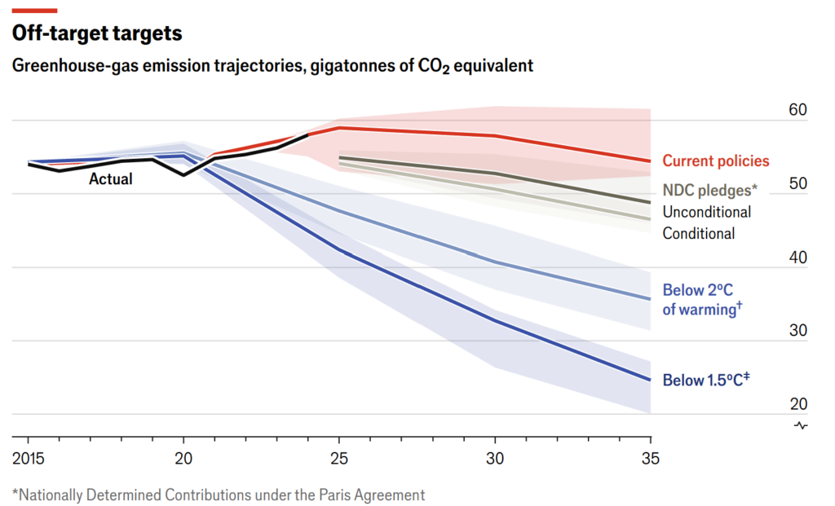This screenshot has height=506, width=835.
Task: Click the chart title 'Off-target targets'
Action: (x=96, y=34)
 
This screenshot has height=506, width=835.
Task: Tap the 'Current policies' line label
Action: (x=715, y=161)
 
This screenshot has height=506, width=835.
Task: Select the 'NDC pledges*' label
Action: (x=709, y=190)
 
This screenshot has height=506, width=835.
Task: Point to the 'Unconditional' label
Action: (x=706, y=212)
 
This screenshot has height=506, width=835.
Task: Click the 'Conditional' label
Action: (x=698, y=234)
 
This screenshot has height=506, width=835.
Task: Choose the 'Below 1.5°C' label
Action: (x=706, y=381)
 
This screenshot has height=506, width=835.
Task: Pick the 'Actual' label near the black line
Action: (x=111, y=179)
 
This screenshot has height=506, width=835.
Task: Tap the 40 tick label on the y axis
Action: (x=798, y=258)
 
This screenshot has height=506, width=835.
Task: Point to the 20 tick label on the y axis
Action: (x=798, y=405)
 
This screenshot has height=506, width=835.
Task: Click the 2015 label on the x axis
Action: (x=29, y=459)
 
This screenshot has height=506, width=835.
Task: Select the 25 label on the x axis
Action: (x=338, y=459)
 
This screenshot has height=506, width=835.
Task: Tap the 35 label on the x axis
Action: (x=650, y=459)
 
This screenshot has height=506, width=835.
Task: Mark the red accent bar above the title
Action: (x=34, y=10)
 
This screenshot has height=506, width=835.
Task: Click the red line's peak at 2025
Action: (x=339, y=128)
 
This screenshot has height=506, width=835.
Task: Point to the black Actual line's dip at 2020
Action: (x=183, y=174)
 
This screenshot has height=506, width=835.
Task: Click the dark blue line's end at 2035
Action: (x=650, y=380)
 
